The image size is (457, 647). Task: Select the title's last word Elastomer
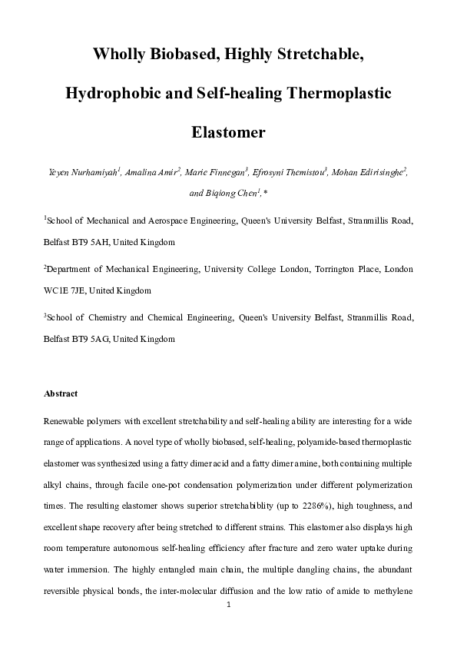click(x=228, y=131)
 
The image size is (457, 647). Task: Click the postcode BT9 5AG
click(x=89, y=339)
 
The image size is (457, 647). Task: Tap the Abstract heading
click(x=61, y=393)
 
